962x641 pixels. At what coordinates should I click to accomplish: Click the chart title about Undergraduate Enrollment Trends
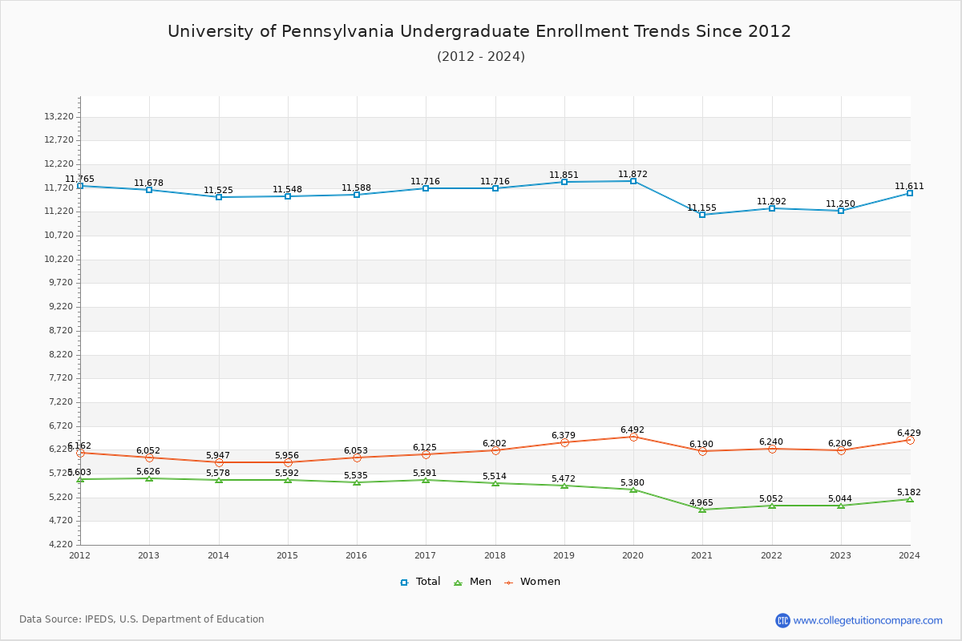coord(479,31)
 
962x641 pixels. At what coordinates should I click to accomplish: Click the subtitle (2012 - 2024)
coord(481,56)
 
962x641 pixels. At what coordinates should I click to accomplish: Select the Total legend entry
coord(420,582)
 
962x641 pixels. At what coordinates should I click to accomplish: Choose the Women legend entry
coord(532,582)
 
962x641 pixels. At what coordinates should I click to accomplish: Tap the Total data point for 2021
coord(702,215)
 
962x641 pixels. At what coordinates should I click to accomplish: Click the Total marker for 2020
coord(633,181)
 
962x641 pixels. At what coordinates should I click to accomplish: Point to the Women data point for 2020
coord(633,437)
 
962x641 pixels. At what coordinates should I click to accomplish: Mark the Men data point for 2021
coord(702,510)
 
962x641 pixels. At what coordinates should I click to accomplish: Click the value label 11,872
coord(633,174)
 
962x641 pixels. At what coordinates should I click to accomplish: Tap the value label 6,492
coord(632,429)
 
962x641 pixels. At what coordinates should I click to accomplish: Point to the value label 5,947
coord(217,455)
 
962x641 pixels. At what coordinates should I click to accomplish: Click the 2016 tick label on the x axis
coord(356,554)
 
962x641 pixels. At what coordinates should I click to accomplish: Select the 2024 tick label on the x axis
coord(909,554)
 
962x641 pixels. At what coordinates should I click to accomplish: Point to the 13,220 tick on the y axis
coord(59,116)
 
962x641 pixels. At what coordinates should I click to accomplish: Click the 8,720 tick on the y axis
coord(59,330)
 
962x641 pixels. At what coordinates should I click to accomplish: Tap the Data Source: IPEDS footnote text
coord(142,619)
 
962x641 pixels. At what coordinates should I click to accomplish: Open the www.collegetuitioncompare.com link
coord(867,620)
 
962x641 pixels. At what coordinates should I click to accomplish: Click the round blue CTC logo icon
coord(782,620)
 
